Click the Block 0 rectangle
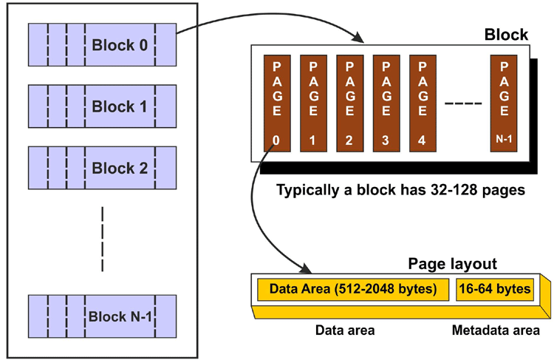click(x=103, y=45)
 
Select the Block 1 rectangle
click(x=103, y=106)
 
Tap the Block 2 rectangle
click(x=103, y=168)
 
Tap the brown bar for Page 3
click(x=386, y=99)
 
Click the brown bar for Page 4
click(x=423, y=99)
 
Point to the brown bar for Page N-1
click(x=505, y=99)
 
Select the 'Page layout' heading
click(x=452, y=264)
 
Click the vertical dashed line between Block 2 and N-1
click(x=103, y=238)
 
